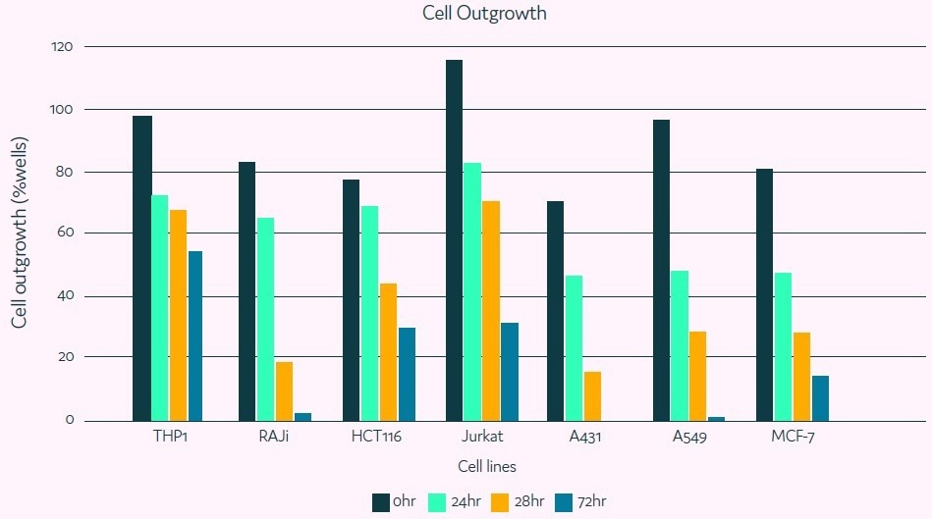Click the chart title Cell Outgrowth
point(484,14)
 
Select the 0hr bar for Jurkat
point(454,240)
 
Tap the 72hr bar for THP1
point(195,336)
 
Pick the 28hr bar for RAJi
point(284,390)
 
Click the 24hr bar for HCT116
point(370,313)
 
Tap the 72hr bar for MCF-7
point(820,397)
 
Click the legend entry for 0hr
point(393,502)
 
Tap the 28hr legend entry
point(517,502)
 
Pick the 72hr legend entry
point(580,502)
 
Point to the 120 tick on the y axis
point(62,46)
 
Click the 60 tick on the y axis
point(65,234)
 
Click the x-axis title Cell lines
point(486,467)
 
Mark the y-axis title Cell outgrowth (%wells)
point(19,234)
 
